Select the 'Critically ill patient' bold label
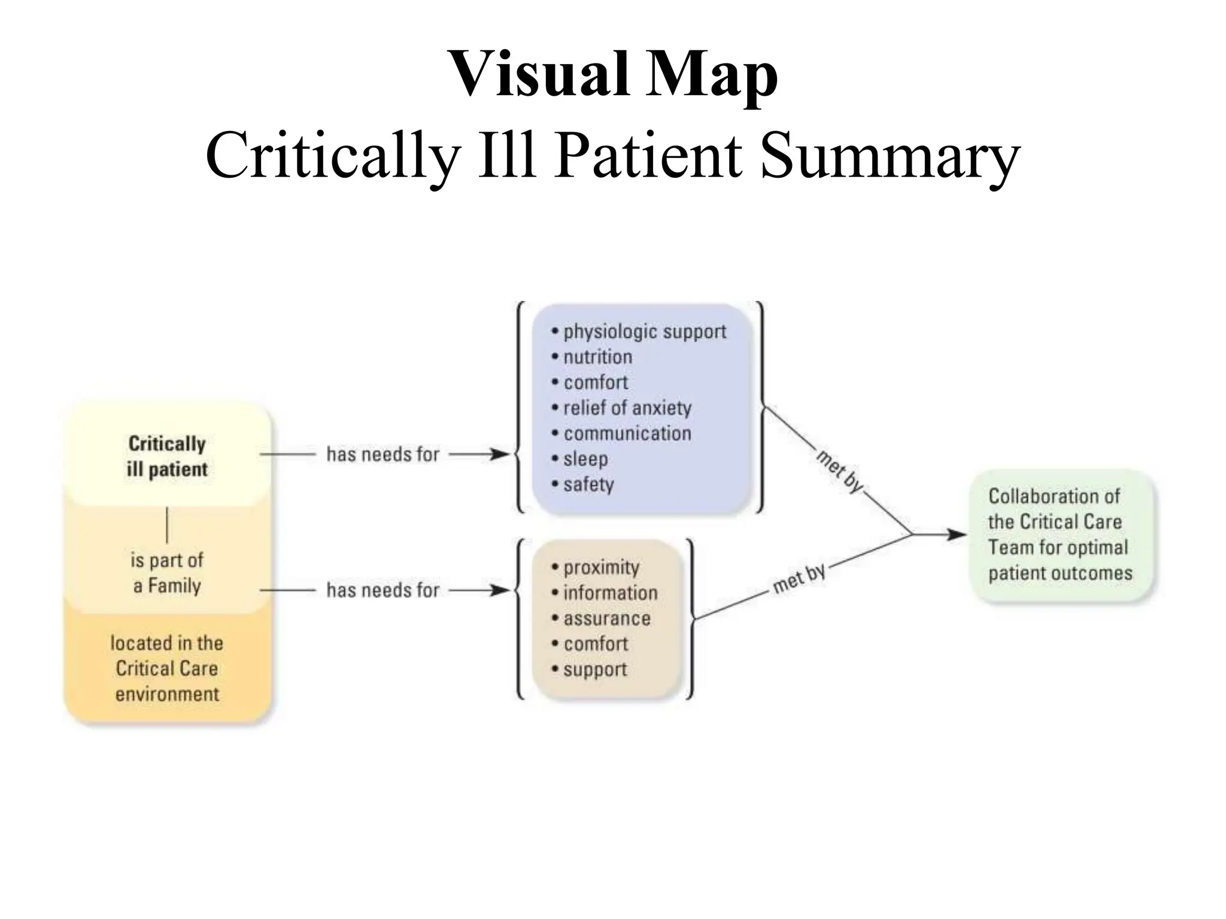(x=167, y=457)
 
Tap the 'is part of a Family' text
(x=167, y=573)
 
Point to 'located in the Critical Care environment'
(x=167, y=668)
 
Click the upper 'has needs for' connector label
(x=383, y=455)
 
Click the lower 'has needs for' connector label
(x=383, y=591)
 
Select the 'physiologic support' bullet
(x=644, y=331)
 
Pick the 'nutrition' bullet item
(x=597, y=357)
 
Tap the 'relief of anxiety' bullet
(x=627, y=408)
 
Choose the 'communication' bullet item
(x=627, y=434)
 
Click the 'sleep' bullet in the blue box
(x=585, y=459)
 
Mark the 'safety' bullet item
(x=588, y=485)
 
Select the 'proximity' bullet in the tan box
(x=601, y=567)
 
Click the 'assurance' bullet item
(x=606, y=619)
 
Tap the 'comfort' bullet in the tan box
(x=596, y=644)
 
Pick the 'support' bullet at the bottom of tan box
(x=594, y=670)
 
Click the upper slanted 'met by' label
(x=839, y=472)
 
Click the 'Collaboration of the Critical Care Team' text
(x=1060, y=534)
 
